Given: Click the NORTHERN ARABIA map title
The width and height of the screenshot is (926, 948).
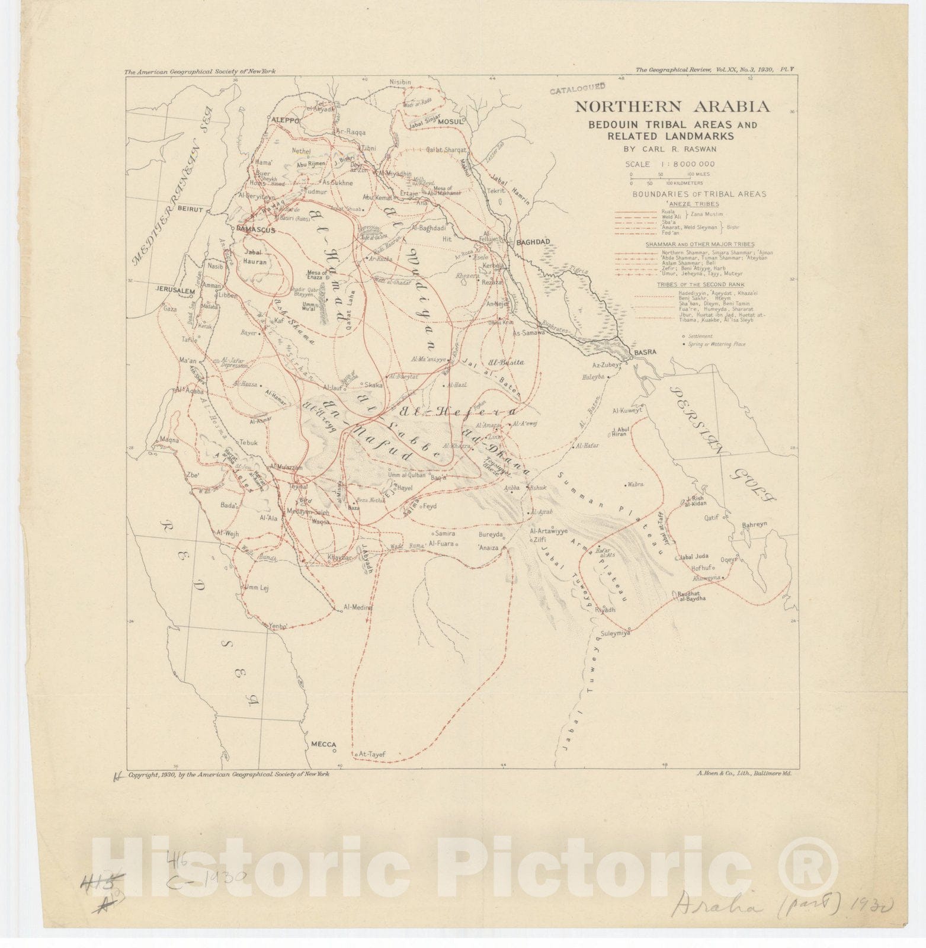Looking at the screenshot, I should [672, 107].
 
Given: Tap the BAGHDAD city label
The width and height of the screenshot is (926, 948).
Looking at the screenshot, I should [533, 242].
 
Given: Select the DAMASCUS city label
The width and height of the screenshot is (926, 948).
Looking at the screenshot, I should [255, 230].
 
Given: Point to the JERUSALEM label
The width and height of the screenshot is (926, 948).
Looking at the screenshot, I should [175, 291].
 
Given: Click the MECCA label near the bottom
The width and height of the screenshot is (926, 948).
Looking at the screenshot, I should [323, 744].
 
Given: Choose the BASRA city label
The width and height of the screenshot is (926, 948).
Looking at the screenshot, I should [645, 352].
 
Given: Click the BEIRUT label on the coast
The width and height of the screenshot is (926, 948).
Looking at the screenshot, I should [190, 209].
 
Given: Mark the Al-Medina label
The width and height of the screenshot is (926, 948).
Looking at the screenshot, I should [358, 607].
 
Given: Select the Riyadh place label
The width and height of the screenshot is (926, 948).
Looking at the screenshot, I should [605, 610].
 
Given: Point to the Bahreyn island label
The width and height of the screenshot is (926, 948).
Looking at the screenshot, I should [754, 525].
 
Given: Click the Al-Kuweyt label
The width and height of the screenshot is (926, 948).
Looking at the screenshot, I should [627, 410].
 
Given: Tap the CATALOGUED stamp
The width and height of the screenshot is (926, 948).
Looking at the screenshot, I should [577, 89].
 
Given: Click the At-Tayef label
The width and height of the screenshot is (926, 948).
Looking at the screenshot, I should [372, 754].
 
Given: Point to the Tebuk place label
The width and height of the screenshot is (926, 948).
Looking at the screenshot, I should [249, 443].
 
